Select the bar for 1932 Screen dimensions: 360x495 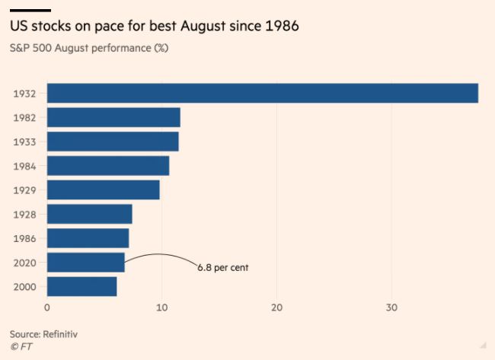pos(262,93)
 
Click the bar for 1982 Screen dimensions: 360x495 pos(113,117)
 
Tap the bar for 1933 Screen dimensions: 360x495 pos(113,142)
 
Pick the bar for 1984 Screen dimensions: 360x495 pos(108,166)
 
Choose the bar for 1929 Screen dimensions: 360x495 pos(104,190)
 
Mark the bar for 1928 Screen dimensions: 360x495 pos(90,214)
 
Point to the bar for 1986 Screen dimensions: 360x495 pos(88,238)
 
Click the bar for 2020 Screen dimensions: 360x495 pos(86,263)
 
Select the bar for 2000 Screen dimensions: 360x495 pos(82,286)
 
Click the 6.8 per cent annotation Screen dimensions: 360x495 pos(223,268)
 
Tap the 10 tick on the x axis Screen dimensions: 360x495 pos(161,307)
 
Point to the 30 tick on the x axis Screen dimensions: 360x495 pos(391,307)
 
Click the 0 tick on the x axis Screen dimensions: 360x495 pos(47,307)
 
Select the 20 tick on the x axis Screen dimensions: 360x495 pos(276,307)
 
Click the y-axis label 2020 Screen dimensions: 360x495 pos(24,263)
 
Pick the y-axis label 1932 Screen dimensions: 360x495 pos(24,94)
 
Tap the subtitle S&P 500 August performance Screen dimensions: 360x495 pos(89,48)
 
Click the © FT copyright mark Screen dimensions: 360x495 pos(21,347)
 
